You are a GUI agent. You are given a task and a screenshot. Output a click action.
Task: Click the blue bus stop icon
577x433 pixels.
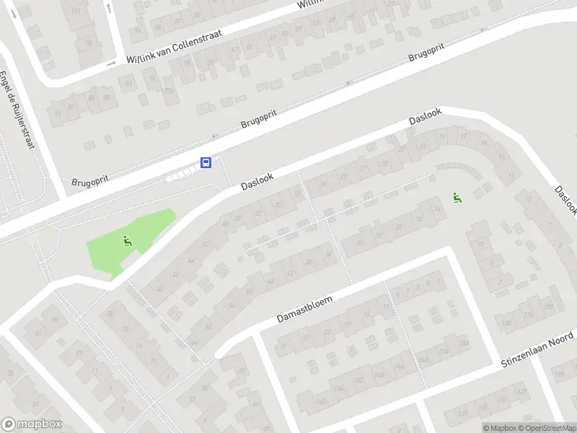coord(206,162)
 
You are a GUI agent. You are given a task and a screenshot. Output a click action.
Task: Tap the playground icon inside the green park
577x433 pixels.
coord(128,241)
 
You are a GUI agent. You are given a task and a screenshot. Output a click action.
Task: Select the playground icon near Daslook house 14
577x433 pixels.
coord(457,196)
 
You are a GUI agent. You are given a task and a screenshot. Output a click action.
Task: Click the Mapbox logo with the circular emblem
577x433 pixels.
coord(32,424)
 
